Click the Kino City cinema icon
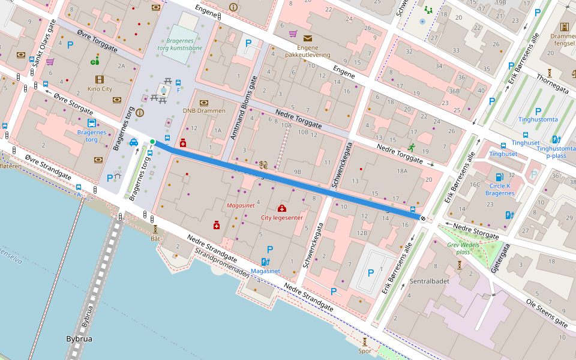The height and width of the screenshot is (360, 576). [x=100, y=79]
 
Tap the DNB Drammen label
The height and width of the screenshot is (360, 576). [x=204, y=111]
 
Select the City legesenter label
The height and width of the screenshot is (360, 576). [x=281, y=217]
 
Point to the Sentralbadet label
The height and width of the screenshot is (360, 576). [x=429, y=281]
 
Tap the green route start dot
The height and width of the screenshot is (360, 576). [x=152, y=142]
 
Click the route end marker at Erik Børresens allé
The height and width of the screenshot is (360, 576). [x=424, y=219]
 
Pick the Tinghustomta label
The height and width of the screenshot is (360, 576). [x=538, y=119]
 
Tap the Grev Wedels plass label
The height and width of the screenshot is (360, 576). [x=462, y=248]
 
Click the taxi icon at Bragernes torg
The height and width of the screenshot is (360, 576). [x=133, y=142]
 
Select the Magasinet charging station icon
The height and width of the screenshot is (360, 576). [x=265, y=262]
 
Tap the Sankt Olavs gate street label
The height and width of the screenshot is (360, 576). [x=43, y=44]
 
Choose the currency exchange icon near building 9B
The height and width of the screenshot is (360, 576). [x=263, y=164]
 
